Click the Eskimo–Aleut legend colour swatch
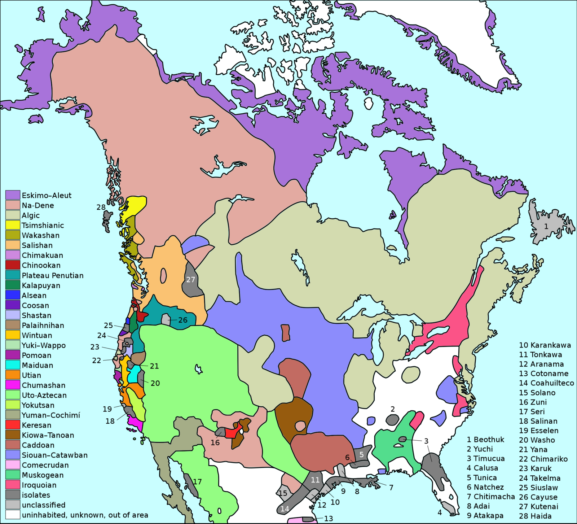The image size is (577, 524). coord(13,195)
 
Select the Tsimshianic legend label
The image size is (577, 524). coord(43,225)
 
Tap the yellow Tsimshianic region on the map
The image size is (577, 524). coord(135,206)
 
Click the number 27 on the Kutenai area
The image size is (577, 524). coord(190,280)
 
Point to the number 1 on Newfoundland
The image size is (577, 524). coord(546,226)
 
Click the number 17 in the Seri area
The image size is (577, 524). coord(197,481)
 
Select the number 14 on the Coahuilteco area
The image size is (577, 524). coord(285,509)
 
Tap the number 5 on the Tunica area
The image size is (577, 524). coord(361,455)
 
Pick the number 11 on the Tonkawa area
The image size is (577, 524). coord(315,480)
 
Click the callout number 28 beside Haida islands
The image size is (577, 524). coord(101,207)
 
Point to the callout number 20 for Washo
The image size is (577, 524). coord(155,383)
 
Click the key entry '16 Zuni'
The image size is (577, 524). coord(533,402)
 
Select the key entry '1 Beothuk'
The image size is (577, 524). coord(485,440)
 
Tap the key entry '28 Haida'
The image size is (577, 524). coord(535,516)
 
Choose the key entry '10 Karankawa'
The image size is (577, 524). coord(545,345)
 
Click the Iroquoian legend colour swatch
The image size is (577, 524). coord(13,485)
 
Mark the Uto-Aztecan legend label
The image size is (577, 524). coord(44,395)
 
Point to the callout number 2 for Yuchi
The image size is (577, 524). coord(393,409)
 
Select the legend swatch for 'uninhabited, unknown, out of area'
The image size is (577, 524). coord(13,515)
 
